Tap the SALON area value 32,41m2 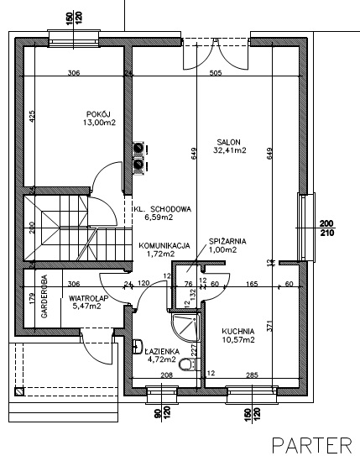coord(230,150)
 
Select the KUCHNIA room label coord(238,331)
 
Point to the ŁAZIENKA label coord(162,352)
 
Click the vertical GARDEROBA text coord(44,296)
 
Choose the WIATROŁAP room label coord(89,298)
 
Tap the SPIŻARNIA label coord(227,241)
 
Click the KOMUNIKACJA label coord(164,246)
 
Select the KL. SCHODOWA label coord(163,209)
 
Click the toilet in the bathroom coord(187,364)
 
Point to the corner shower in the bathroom coord(185,328)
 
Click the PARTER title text coord(312,445)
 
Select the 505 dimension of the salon coord(216,72)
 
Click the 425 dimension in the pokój coord(32,116)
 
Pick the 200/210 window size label coord(327,228)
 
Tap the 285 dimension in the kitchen coord(252,375)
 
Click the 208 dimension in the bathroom coord(166,375)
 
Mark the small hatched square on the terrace coord(19,391)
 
